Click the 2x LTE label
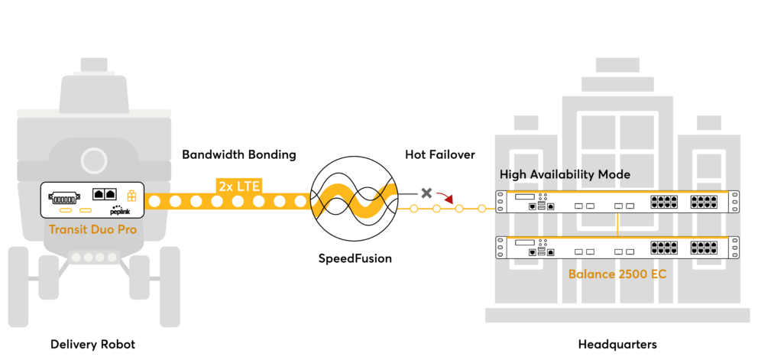239,186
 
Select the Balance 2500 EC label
617,274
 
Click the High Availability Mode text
565,174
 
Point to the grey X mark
426,193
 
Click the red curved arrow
445,199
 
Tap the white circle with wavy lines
354,199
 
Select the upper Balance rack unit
617,202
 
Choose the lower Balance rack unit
617,248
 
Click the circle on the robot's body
94,161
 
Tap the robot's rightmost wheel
170,287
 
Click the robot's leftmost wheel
18,287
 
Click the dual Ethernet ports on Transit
104,194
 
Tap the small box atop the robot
94,64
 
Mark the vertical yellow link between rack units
617,225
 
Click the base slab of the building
617,315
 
